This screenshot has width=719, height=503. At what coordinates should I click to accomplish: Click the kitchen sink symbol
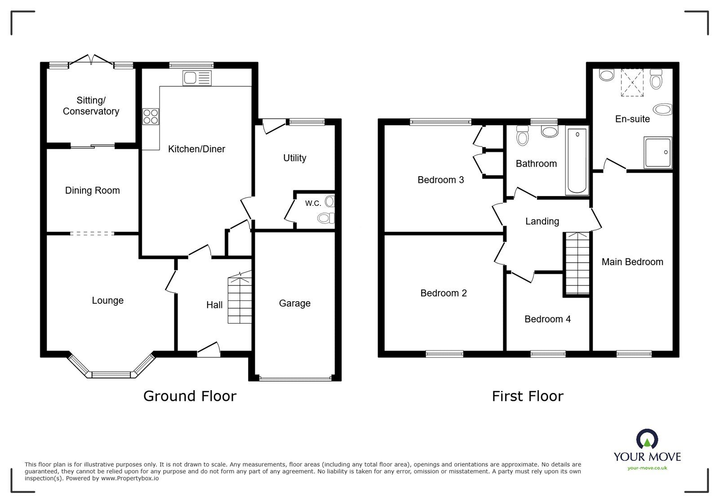pyautogui.click(x=197, y=78)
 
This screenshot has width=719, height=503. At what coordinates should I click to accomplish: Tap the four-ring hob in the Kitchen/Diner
pyautogui.click(x=151, y=117)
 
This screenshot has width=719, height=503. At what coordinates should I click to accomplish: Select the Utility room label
pyautogui.click(x=294, y=158)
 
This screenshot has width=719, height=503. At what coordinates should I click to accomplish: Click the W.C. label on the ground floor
pyautogui.click(x=313, y=203)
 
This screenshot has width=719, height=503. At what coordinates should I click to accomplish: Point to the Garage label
pyautogui.click(x=294, y=303)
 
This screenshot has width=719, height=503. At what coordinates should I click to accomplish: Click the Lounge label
pyautogui.click(x=107, y=300)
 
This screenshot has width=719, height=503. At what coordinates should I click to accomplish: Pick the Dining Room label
pyautogui.click(x=92, y=191)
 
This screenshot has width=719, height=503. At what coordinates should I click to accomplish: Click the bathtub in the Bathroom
pyautogui.click(x=577, y=161)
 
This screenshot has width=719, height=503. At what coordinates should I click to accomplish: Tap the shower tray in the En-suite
pyautogui.click(x=658, y=153)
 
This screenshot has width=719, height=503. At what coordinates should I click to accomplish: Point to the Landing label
pyautogui.click(x=542, y=221)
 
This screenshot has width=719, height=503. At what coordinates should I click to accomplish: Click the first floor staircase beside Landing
pyautogui.click(x=577, y=263)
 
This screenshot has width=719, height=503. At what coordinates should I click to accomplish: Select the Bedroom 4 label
pyautogui.click(x=547, y=319)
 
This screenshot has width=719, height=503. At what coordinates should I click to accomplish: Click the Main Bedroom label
pyautogui.click(x=632, y=262)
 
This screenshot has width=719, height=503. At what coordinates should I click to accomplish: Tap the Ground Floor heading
pyautogui.click(x=190, y=396)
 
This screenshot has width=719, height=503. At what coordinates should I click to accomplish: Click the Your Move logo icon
pyautogui.click(x=647, y=440)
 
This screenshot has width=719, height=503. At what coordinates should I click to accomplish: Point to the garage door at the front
pyautogui.click(x=295, y=378)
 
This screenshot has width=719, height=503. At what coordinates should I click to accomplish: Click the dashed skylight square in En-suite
pyautogui.click(x=632, y=82)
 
